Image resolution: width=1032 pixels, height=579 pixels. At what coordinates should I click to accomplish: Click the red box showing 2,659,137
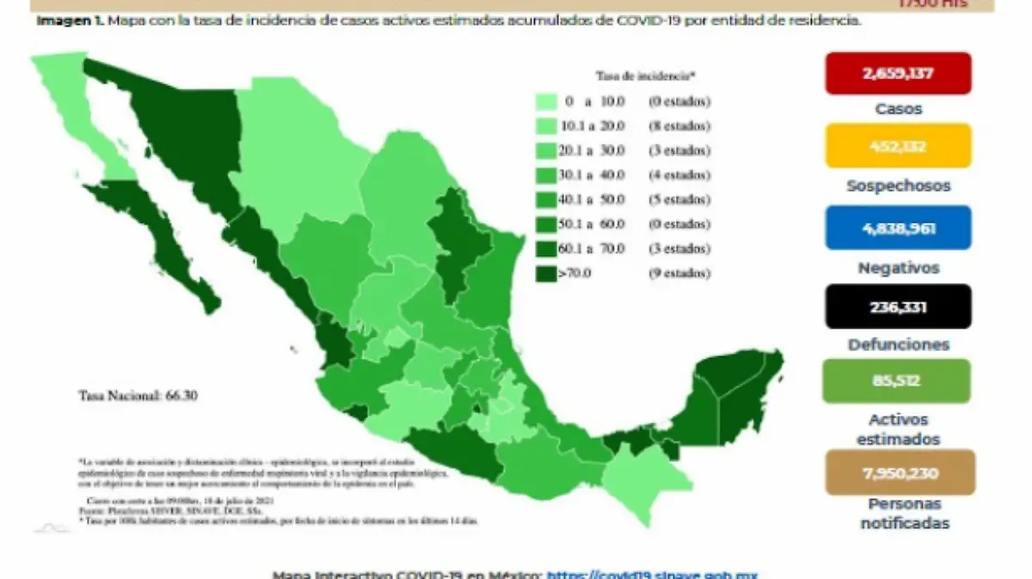coord(898,73)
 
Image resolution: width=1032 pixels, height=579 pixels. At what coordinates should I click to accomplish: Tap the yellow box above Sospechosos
coord(898,145)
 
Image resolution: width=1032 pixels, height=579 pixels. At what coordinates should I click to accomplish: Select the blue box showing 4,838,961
coord(898,228)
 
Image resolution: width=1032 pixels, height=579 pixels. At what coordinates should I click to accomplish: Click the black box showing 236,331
coord(898,307)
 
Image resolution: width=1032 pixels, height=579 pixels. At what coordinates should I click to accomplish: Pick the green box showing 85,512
coord(898,381)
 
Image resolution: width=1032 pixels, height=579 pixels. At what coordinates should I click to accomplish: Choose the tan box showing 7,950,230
coord(900,472)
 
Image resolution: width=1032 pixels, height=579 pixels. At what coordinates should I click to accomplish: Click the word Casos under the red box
coord(898,109)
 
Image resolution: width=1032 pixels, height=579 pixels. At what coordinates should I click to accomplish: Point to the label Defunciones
coord(898,344)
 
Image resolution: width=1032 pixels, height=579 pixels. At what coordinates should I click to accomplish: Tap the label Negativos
coord(898,268)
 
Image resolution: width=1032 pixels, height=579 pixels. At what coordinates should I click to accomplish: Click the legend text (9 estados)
coord(680,274)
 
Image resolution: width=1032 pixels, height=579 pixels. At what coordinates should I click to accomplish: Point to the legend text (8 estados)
coord(680,126)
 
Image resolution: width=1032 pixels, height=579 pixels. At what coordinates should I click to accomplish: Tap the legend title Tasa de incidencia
coord(632,75)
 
